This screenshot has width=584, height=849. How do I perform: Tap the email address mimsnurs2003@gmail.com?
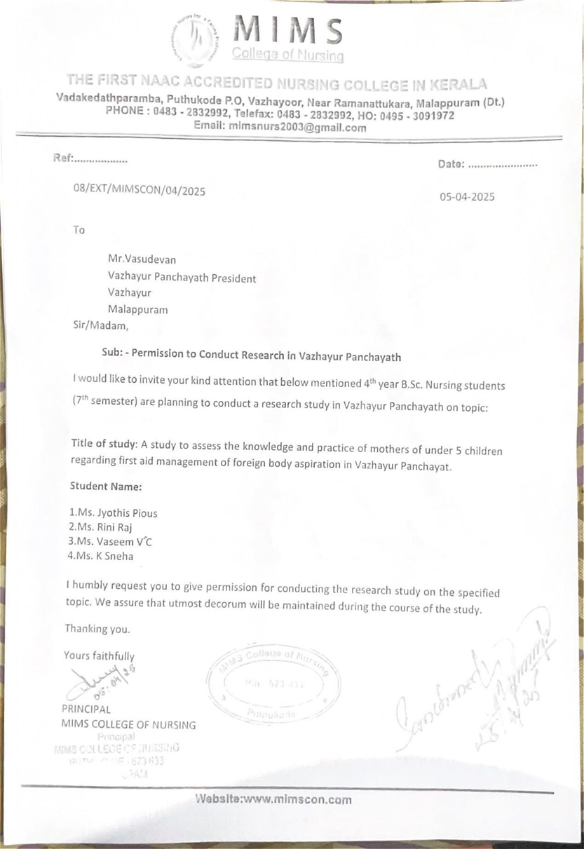297,128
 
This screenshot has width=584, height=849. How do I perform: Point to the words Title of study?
104,444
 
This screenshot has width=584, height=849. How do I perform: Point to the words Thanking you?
97,629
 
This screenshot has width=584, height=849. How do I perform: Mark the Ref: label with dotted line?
90,159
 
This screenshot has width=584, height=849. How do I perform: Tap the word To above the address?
79,229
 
